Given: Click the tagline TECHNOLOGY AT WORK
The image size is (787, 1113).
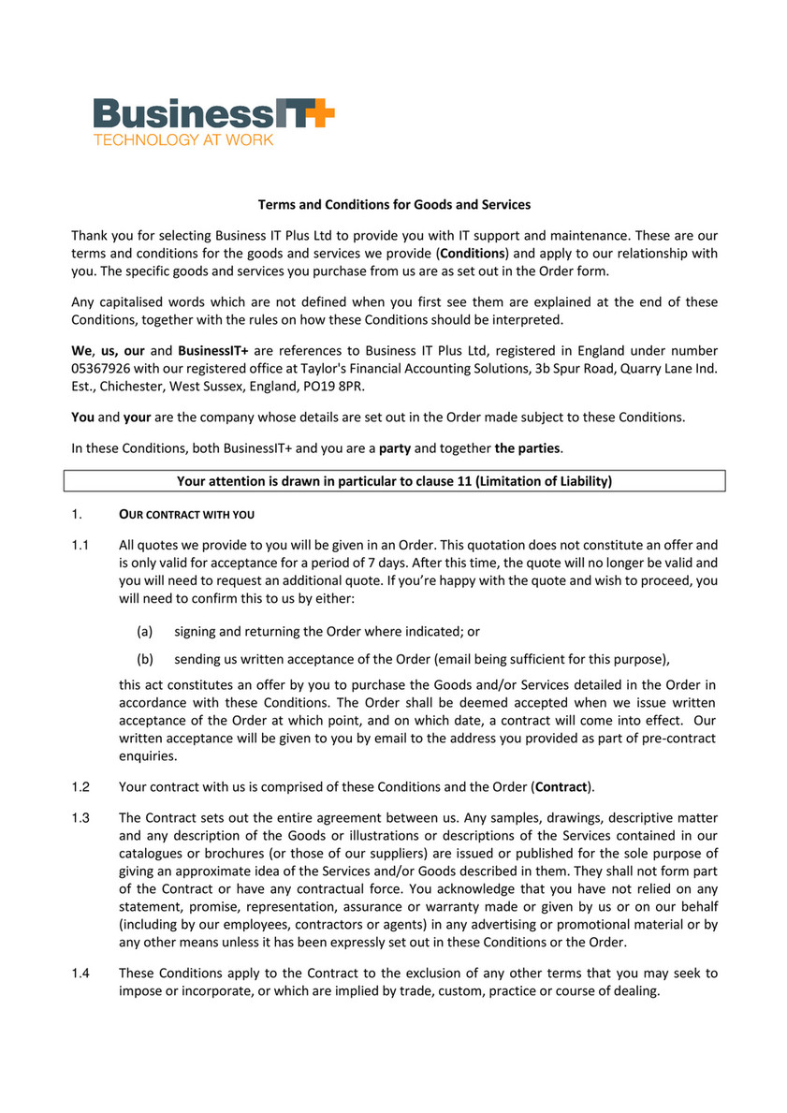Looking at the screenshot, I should pos(182,140).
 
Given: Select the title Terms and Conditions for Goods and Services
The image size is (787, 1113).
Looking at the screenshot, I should pos(394,204).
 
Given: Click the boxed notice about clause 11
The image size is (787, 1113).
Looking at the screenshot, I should pos(394,481).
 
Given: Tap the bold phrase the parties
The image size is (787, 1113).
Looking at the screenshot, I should pos(528,448).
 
